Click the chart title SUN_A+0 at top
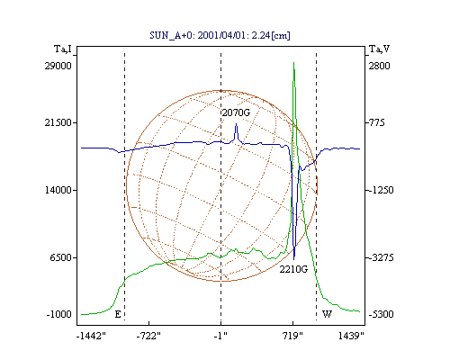pyautogui.click(x=220, y=35)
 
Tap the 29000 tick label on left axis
pyautogui.click(x=58, y=66)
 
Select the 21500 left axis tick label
pyautogui.click(x=58, y=122)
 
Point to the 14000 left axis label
pyautogui.click(x=58, y=190)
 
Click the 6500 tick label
pyautogui.click(x=61, y=257)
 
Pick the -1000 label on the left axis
pyautogui.click(x=59, y=314)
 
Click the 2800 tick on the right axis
pyautogui.click(x=380, y=66)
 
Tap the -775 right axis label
pyautogui.click(x=376, y=122)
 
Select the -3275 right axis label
pyautogui.click(x=381, y=257)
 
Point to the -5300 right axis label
pyautogui.click(x=381, y=314)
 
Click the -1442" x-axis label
pyautogui.click(x=92, y=336)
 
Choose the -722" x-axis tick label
pyautogui.click(x=148, y=336)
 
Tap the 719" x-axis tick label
pyautogui.click(x=292, y=336)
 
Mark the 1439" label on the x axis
pyautogui.click(x=351, y=336)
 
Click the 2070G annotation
pyautogui.click(x=236, y=112)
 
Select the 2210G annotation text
pyautogui.click(x=293, y=269)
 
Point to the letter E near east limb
pyautogui.click(x=118, y=314)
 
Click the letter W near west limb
pyautogui.click(x=327, y=314)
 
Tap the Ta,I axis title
pyautogui.click(x=63, y=49)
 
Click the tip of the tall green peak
pyautogui.click(x=293, y=62)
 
